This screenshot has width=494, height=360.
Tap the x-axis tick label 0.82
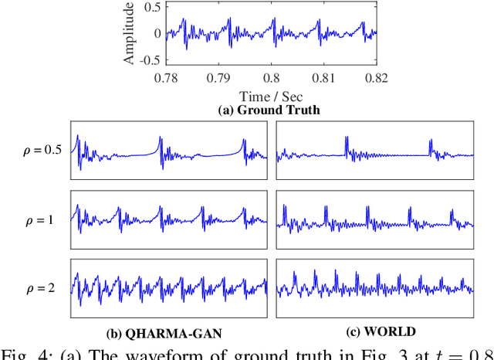(376, 78)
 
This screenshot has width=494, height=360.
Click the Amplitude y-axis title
(130, 33)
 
